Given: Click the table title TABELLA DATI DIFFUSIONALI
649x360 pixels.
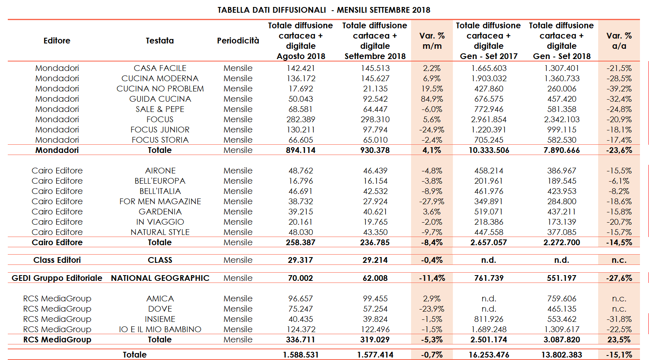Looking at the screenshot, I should [x=272, y=10].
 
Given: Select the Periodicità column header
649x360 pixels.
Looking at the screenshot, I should [x=238, y=41].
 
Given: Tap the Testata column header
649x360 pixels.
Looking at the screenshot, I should [x=160, y=41].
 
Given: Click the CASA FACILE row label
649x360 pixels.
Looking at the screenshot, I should [x=160, y=68].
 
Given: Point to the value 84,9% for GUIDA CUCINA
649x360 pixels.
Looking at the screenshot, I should [x=432, y=99].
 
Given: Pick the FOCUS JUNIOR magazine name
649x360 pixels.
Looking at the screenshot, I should [x=160, y=130].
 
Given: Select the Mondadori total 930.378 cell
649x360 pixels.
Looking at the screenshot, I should [x=375, y=150].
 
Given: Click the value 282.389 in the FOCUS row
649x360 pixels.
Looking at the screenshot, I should [x=301, y=119].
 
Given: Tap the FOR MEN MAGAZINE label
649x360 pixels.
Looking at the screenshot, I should [x=160, y=201].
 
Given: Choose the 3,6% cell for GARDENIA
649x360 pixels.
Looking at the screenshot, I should [x=432, y=212].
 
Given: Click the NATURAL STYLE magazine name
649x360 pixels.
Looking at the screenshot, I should [x=160, y=232].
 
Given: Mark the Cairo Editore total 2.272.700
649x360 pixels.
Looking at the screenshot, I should [x=562, y=242].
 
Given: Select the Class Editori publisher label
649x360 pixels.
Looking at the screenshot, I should [x=57, y=260].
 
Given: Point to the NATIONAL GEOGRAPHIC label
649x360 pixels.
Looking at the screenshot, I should [x=160, y=278].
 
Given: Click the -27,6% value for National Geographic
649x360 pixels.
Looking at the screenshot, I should [x=619, y=278].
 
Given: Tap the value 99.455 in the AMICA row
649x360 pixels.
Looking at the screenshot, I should [x=375, y=298].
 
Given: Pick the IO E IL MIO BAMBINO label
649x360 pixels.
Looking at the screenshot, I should [x=160, y=329].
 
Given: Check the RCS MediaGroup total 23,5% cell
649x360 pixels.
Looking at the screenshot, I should [x=619, y=339].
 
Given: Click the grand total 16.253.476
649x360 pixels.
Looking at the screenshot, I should [x=489, y=355].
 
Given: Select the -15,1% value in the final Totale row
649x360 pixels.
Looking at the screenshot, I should [x=619, y=355].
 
